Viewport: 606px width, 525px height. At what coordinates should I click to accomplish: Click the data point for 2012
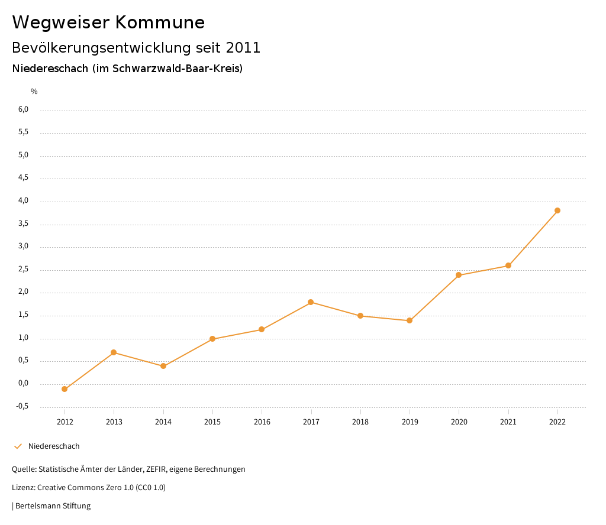click(65, 389)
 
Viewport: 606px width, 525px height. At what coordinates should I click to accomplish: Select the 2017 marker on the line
click(311, 302)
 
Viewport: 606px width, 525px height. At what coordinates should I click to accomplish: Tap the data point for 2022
click(557, 210)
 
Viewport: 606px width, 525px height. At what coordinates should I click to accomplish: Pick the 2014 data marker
click(163, 366)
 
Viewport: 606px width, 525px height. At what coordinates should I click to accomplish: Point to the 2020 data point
click(459, 275)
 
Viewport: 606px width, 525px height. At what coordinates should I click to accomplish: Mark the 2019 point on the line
click(410, 320)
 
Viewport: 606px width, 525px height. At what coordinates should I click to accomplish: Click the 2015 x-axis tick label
click(212, 422)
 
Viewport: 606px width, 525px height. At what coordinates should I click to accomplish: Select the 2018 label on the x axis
click(360, 422)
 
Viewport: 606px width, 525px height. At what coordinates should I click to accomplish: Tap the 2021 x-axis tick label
click(508, 422)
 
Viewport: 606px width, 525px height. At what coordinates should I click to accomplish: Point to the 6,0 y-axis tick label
click(23, 109)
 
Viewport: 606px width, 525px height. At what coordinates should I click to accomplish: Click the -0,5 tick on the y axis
click(22, 406)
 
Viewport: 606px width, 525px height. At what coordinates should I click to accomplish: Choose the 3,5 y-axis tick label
click(23, 224)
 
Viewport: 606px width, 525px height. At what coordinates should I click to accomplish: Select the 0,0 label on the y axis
click(23, 383)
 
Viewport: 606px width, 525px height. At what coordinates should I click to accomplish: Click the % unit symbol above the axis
click(34, 92)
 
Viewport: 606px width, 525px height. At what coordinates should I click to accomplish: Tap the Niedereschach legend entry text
click(54, 446)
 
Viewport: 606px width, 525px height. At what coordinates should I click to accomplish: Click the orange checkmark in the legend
click(18, 446)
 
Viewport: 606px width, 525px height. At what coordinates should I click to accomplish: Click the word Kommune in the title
click(160, 22)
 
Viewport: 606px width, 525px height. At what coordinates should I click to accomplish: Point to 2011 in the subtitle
click(243, 48)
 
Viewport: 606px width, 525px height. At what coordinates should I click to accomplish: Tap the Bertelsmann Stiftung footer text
click(53, 506)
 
